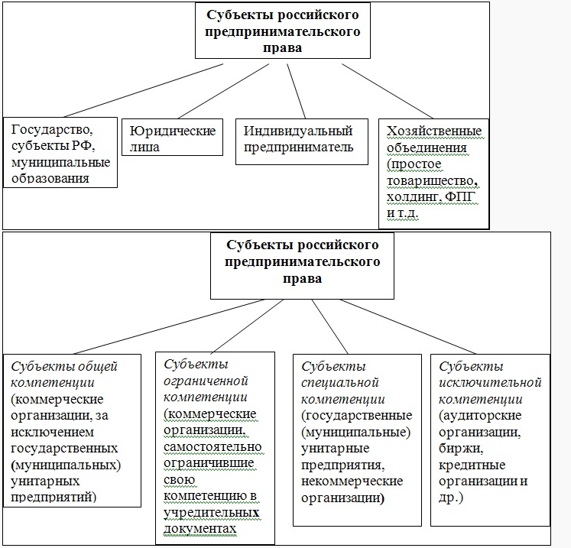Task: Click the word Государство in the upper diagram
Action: [x=52, y=130]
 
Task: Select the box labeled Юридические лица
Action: [x=172, y=138]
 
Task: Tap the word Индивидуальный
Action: [x=298, y=131]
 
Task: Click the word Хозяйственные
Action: [x=434, y=131]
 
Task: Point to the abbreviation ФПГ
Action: [x=461, y=196]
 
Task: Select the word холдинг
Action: [x=414, y=197]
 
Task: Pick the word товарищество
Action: [x=431, y=181]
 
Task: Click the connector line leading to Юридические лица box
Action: [x=224, y=91]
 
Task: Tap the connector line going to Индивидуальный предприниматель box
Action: [x=296, y=91]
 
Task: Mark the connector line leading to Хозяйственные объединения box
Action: [x=388, y=91]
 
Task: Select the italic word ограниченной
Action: [x=206, y=381]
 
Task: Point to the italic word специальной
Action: [x=339, y=383]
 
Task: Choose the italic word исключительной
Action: [x=490, y=383]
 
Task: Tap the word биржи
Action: [x=461, y=449]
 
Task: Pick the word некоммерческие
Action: [x=352, y=482]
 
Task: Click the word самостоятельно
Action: [x=213, y=447]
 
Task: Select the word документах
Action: [x=200, y=529]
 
